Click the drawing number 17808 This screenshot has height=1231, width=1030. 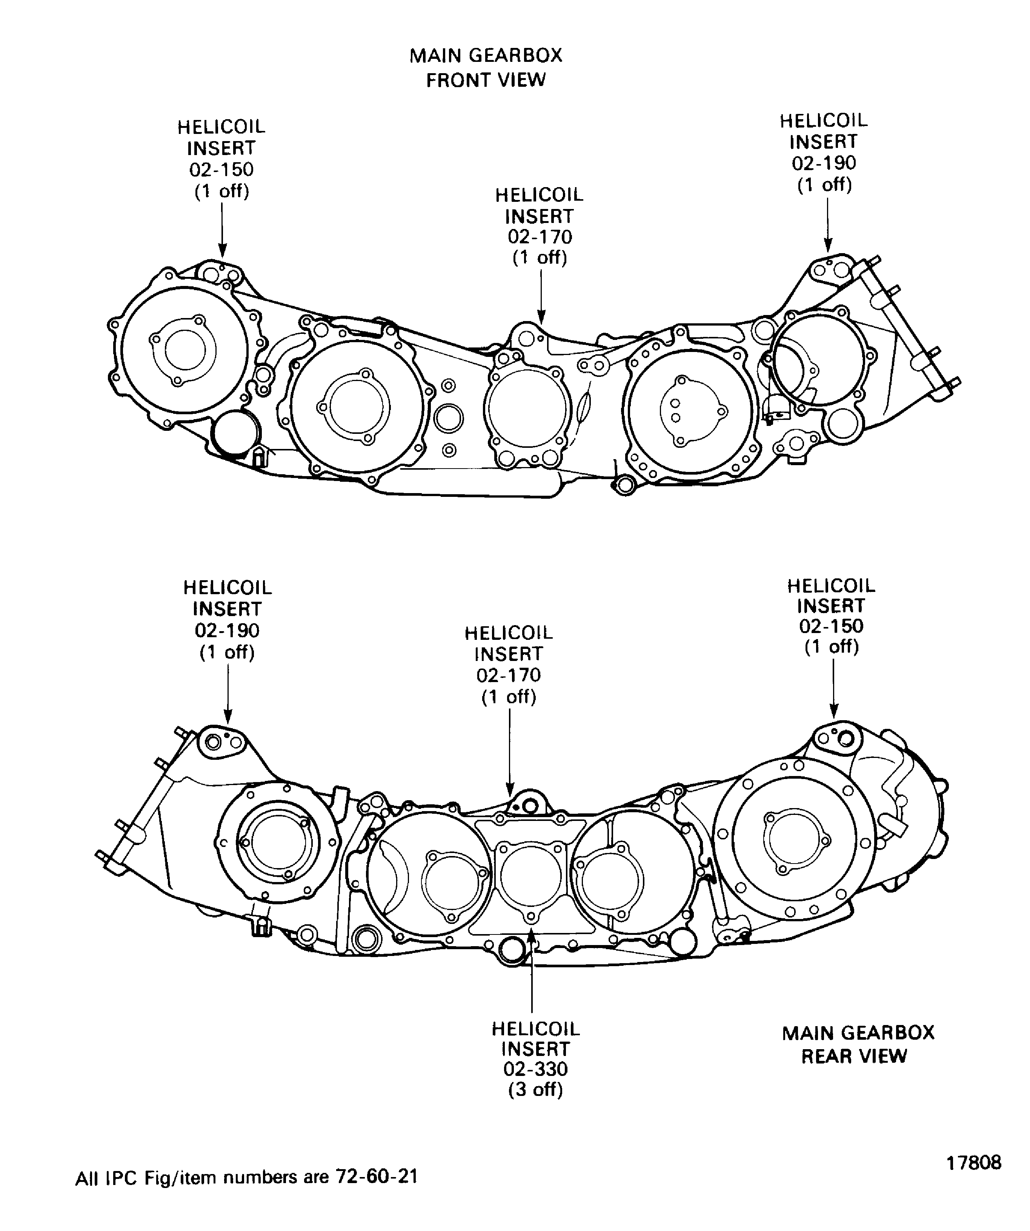pyautogui.click(x=974, y=1162)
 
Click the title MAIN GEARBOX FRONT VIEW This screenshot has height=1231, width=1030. pyautogui.click(x=486, y=68)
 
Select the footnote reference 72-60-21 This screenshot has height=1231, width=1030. pyautogui.click(x=376, y=1176)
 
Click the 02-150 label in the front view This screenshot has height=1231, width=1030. pyautogui.click(x=221, y=169)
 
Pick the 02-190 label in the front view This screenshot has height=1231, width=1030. pyautogui.click(x=824, y=163)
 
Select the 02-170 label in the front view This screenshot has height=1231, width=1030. pyautogui.click(x=539, y=237)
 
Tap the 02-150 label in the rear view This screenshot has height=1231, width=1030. pyautogui.click(x=831, y=625)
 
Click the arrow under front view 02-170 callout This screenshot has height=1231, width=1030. pyautogui.click(x=541, y=296)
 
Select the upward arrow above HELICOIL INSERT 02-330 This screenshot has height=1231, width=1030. pyautogui.click(x=532, y=967)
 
